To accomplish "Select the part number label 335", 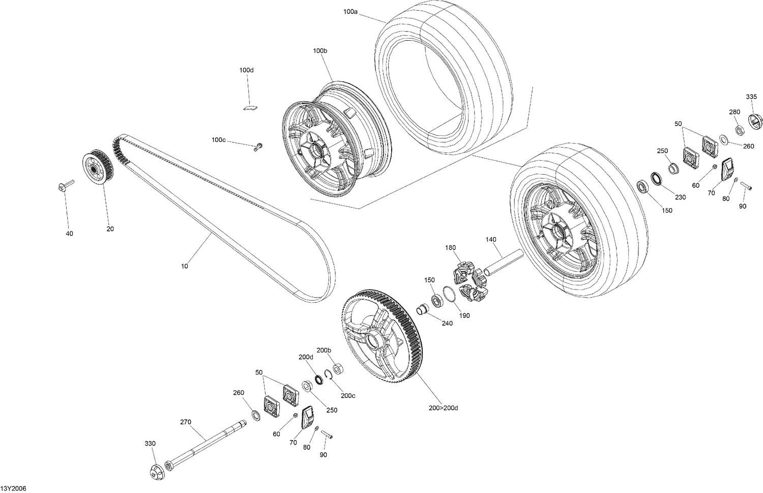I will [x=751, y=97].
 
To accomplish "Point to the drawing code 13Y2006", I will [x=13, y=488].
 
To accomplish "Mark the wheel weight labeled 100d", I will [x=249, y=107].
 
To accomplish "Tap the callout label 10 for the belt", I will [x=184, y=266].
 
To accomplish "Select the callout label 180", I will [x=450, y=248].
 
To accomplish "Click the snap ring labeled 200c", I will [x=329, y=375].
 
